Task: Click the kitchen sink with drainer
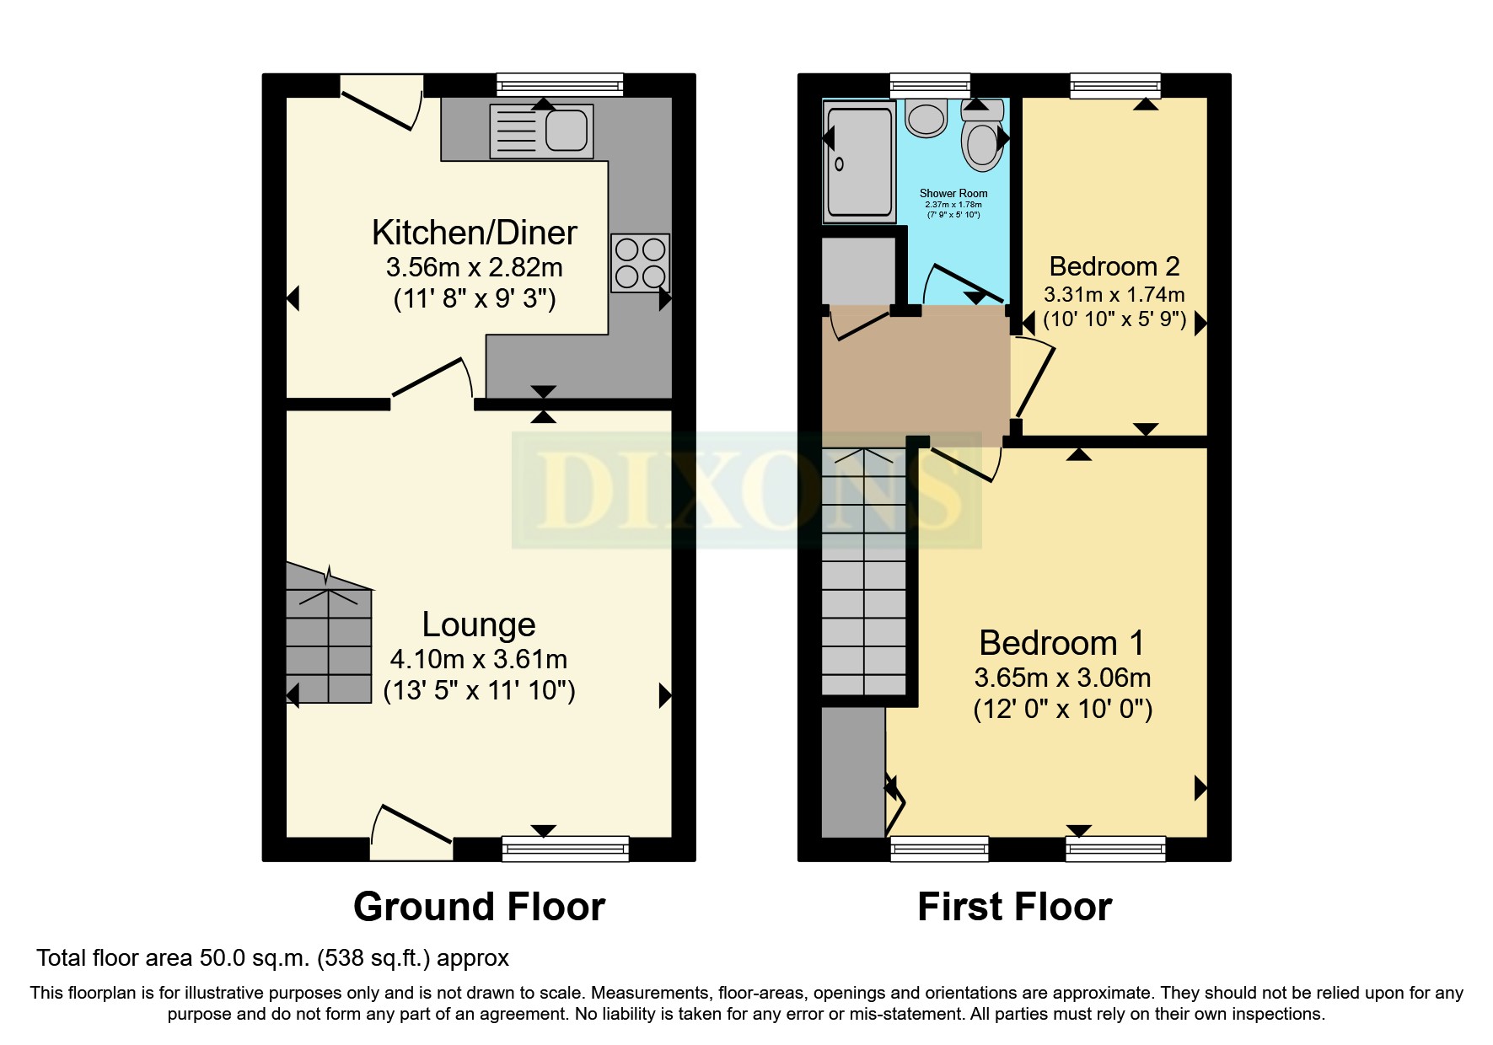click(x=541, y=131)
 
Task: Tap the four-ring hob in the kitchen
click(x=640, y=263)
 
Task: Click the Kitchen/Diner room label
click(x=474, y=233)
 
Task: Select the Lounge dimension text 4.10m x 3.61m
click(x=478, y=659)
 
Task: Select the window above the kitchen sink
click(x=559, y=84)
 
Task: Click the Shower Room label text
click(x=953, y=193)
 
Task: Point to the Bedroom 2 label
click(x=1114, y=266)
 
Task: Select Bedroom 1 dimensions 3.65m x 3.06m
click(x=1062, y=678)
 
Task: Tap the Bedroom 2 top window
click(x=1114, y=84)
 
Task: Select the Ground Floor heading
click(x=479, y=907)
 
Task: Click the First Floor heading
click(x=1014, y=907)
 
